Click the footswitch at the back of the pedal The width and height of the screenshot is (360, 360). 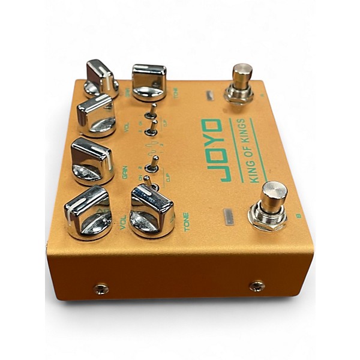point(241,84)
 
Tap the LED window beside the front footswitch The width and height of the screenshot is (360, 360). point(229,217)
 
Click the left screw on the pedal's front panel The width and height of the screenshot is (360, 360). point(101,289)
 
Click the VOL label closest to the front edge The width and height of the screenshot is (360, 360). point(124,225)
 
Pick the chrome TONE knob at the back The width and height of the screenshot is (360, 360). point(149,81)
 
